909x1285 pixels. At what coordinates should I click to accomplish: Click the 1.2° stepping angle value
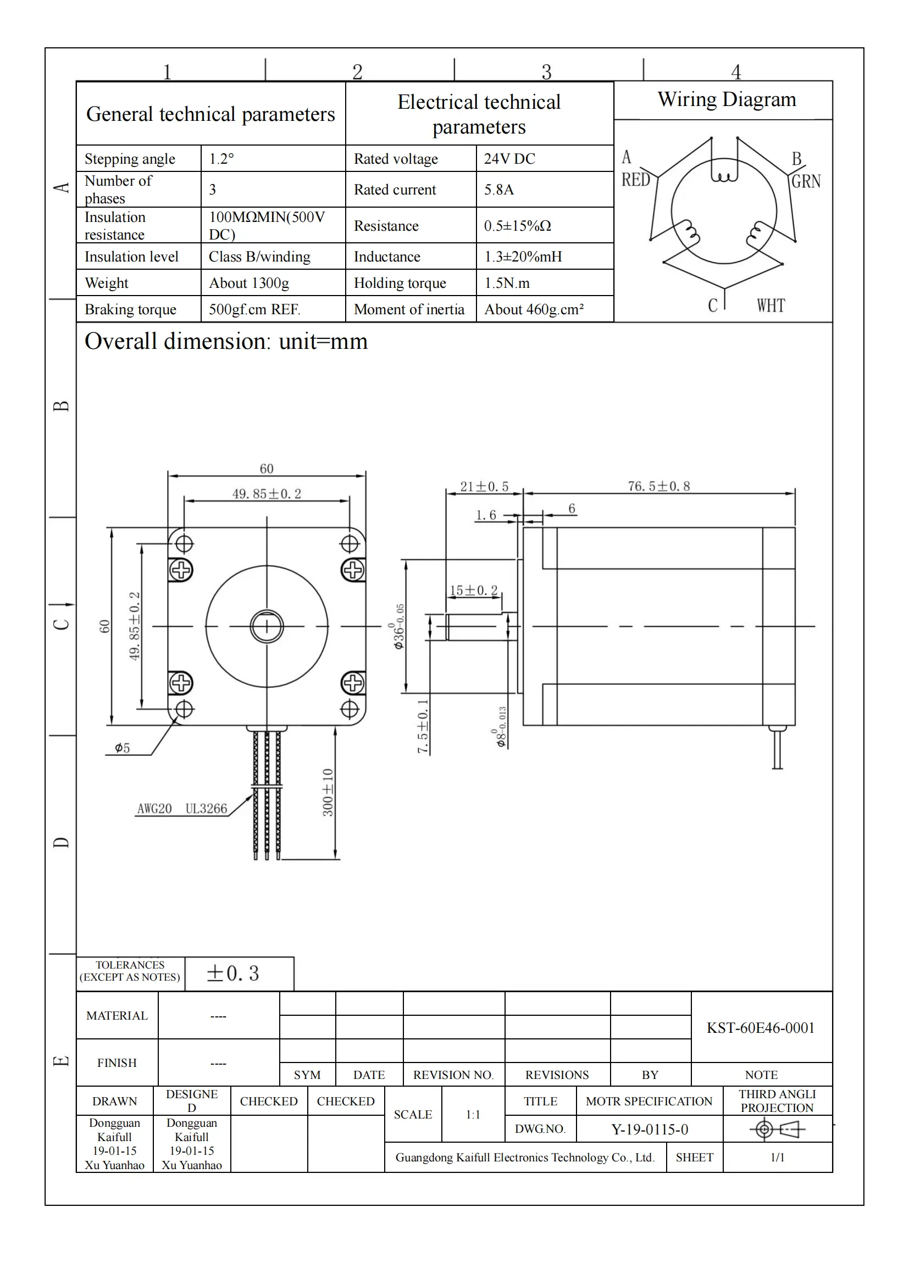click(221, 159)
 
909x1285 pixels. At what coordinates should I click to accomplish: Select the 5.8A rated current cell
click(498, 190)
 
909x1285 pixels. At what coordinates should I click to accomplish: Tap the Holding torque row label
click(400, 283)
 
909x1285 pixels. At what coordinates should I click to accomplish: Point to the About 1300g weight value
click(249, 283)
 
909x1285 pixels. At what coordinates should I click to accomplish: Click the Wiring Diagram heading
click(727, 99)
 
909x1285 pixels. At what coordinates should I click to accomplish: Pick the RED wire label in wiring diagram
click(636, 180)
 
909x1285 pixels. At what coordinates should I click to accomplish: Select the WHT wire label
click(771, 305)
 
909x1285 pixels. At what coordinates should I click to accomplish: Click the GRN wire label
click(806, 181)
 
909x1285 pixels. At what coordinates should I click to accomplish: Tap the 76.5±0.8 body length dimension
click(659, 486)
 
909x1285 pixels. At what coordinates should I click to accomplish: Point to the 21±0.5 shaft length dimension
click(484, 486)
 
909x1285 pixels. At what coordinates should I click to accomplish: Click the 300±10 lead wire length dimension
click(328, 792)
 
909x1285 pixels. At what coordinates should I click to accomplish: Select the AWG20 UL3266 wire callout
click(182, 809)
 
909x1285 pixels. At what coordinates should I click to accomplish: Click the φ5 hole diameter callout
click(122, 748)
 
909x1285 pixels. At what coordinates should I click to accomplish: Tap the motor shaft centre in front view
click(267, 626)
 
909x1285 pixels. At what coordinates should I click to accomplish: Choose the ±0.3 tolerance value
click(233, 974)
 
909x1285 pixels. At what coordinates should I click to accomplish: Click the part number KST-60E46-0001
click(760, 1027)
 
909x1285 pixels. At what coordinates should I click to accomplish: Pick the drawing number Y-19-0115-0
click(649, 1130)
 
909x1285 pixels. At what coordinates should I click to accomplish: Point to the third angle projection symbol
click(777, 1130)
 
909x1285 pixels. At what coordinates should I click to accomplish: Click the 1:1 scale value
click(473, 1114)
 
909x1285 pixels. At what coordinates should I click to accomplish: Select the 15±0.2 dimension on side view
click(474, 591)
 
